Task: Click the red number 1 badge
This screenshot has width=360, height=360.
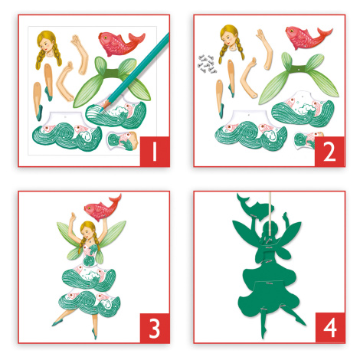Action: point(155,152)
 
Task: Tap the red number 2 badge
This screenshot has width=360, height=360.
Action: point(329,152)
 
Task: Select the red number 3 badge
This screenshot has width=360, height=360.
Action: point(155,328)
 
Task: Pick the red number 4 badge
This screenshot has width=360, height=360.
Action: point(330,328)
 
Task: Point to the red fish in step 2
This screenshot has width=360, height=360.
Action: point(307,37)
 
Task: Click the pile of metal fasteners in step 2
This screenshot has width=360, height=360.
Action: point(207,64)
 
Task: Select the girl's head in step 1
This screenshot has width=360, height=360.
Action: point(48,48)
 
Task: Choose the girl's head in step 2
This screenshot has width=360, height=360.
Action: point(231,43)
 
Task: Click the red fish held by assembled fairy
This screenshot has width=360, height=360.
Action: point(102,208)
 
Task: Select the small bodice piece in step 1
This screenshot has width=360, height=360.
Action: point(123,141)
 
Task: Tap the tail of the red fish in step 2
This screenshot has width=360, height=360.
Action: point(324,34)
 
